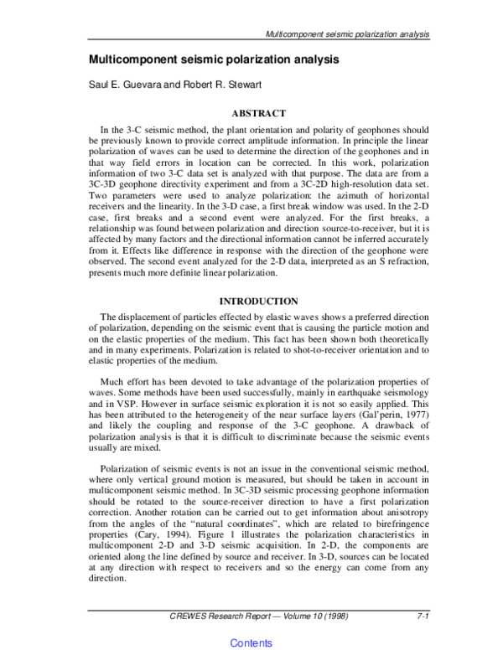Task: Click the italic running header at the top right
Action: (x=348, y=35)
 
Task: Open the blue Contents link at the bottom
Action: (x=251, y=642)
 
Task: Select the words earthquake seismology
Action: (x=380, y=379)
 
